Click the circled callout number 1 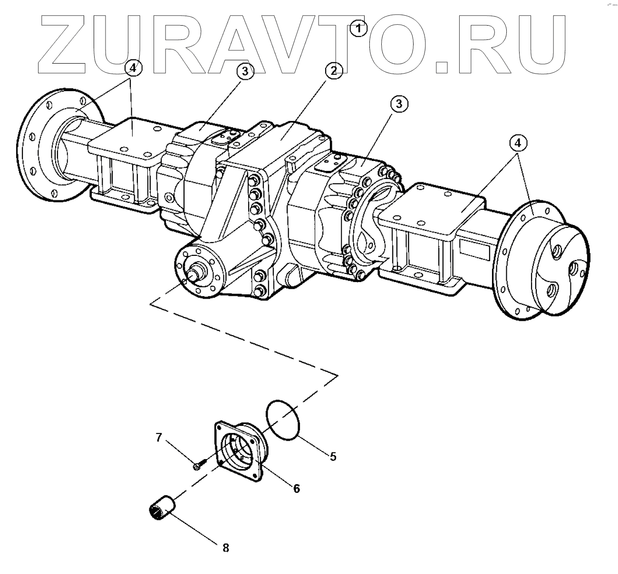pos(358,28)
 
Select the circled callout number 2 pos(333,71)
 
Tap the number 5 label pos(333,456)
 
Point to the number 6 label pos(296,488)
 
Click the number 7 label pos(159,438)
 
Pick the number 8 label pos(225,547)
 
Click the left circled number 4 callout pos(133,68)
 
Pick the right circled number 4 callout pos(519,142)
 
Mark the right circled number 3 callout pos(399,104)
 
